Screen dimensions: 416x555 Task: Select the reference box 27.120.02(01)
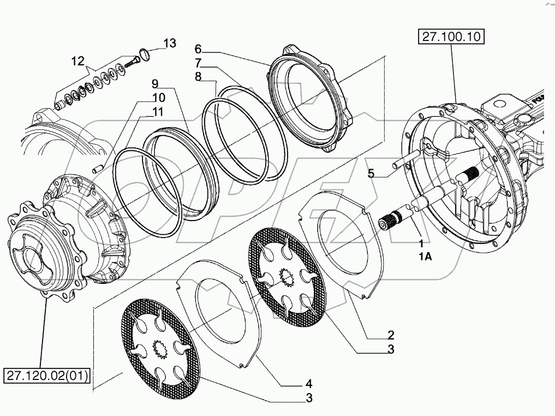[47, 376]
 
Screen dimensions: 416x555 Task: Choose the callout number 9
[155, 84]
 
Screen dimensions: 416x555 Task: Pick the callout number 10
[158, 98]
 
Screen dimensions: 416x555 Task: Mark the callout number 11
[158, 112]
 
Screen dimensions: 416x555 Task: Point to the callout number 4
[308, 383]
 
